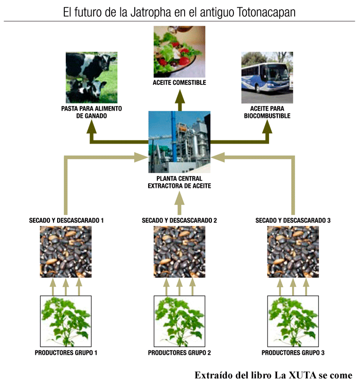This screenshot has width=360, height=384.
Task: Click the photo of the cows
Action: [92, 77]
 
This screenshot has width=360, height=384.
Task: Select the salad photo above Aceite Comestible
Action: [179, 51]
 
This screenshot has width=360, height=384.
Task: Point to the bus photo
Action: [267, 78]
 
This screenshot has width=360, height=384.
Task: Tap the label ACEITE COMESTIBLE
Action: [179, 83]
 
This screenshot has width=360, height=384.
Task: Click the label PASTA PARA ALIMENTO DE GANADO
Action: [92, 113]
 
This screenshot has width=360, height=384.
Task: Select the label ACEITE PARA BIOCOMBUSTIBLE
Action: [267, 113]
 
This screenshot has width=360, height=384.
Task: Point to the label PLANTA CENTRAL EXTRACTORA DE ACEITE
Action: [179, 182]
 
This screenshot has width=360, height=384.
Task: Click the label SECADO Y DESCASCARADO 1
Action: [66, 220]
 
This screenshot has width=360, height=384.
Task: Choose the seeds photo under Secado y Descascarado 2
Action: [179, 252]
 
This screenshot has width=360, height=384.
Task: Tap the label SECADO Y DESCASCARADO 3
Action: [293, 220]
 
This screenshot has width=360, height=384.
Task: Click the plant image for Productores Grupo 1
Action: [66, 320]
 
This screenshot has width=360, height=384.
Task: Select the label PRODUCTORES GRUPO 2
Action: [179, 353]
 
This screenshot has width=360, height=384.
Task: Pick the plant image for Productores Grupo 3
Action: [293, 320]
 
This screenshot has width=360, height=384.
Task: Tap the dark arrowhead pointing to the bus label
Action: [267, 125]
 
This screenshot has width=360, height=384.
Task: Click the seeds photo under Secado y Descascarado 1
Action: [66, 252]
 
